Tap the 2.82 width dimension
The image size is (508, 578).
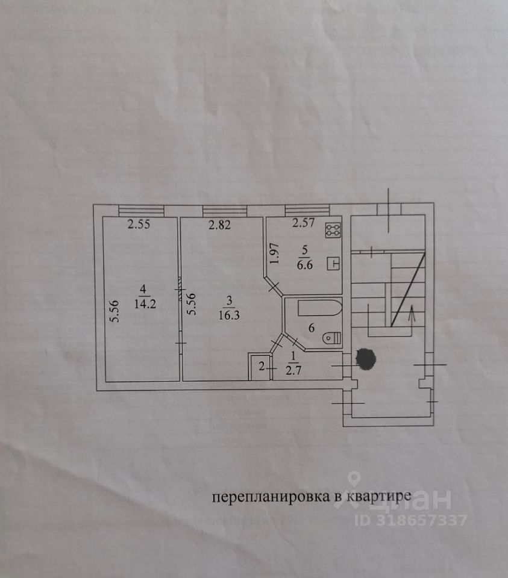220,225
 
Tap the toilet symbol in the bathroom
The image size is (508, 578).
333,338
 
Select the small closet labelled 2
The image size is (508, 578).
260,366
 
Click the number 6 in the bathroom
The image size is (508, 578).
312,328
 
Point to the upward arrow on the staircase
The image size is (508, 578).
412,313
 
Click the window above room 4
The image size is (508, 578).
141,210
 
